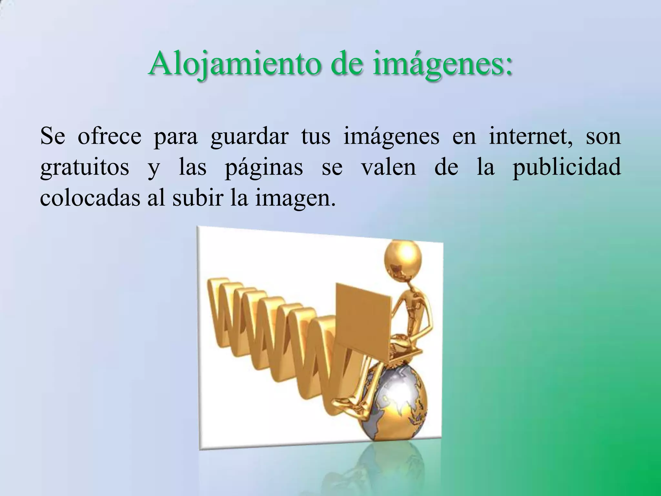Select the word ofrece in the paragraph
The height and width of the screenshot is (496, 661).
coord(109,137)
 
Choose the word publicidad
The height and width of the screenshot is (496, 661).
coord(567,167)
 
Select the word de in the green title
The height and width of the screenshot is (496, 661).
coord(342,64)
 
